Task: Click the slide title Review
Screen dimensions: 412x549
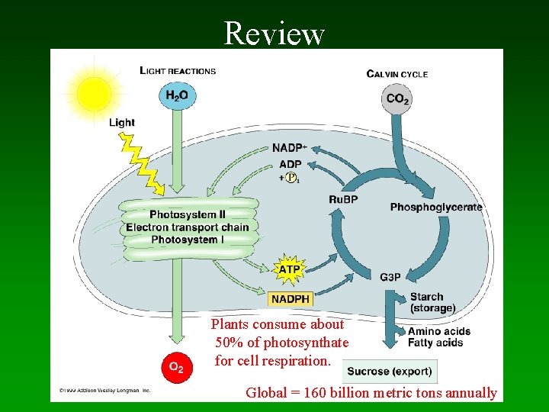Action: (274, 34)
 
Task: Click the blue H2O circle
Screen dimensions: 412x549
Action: (177, 96)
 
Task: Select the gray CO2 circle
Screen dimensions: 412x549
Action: (397, 99)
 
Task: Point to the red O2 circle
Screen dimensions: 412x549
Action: (176, 368)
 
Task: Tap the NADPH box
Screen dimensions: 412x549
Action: (291, 299)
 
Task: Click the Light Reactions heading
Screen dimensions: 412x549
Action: (178, 71)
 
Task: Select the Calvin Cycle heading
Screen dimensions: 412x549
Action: (397, 74)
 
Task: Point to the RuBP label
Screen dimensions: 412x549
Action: (343, 200)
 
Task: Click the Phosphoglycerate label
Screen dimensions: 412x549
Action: (436, 207)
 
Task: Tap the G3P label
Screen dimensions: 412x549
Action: (390, 276)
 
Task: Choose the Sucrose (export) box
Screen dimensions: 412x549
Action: (389, 372)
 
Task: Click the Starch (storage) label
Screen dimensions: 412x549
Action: (432, 302)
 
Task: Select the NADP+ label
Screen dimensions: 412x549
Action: (290, 148)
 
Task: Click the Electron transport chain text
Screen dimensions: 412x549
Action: (188, 227)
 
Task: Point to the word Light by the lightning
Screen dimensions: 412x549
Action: (122, 122)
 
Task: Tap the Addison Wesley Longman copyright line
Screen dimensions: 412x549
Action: (105, 390)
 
